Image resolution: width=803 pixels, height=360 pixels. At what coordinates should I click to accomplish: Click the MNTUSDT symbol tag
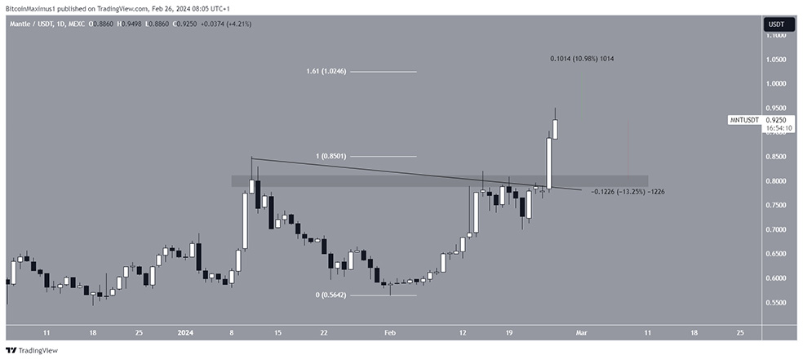[744, 120]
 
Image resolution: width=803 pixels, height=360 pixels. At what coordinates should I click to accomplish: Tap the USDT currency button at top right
[775, 24]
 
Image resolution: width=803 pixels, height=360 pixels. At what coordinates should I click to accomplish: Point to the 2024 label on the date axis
[186, 333]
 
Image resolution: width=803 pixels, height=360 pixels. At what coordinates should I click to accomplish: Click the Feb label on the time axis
[389, 333]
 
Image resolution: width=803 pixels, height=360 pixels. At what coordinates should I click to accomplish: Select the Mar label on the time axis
[580, 333]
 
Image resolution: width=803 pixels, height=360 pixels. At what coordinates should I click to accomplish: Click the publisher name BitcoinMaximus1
[30, 6]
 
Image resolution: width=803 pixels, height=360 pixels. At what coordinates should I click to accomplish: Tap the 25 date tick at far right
[740, 333]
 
